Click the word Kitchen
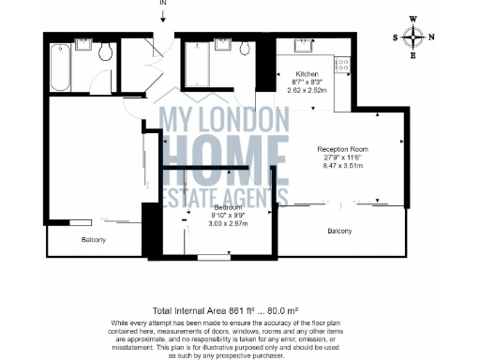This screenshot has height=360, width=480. point(307,74)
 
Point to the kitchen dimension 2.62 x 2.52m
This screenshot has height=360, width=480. point(307,91)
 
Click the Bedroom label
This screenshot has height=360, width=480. point(228,207)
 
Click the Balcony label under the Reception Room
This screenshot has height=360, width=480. point(339,231)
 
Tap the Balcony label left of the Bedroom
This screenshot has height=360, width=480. point(92,240)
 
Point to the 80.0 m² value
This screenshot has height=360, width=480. point(283,310)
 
